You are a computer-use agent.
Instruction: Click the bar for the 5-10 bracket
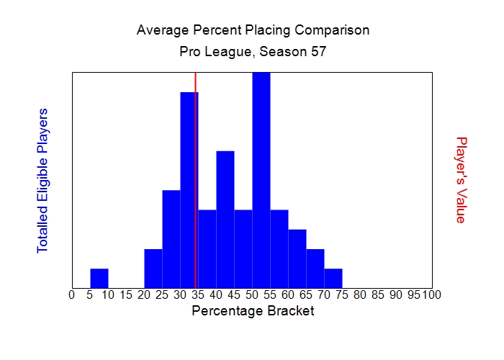point(99,278)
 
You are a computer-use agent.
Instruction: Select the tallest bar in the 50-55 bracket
point(261,180)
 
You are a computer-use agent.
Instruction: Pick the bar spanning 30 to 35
point(188,190)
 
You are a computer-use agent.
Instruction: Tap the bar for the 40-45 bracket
point(225,220)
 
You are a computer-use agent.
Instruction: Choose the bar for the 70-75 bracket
point(333,278)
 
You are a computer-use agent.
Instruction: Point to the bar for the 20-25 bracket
point(153,269)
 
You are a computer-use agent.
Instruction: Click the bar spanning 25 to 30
point(171,239)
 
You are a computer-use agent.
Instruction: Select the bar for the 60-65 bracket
point(297,258)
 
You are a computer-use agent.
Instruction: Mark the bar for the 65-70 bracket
point(315,269)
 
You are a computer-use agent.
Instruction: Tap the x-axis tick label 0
point(71,294)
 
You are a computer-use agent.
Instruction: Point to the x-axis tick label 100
point(432,294)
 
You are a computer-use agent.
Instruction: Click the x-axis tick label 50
point(252,294)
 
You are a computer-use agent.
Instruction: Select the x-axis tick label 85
point(378,294)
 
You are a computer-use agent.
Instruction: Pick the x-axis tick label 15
point(126,294)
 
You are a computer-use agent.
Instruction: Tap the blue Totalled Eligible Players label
point(42,180)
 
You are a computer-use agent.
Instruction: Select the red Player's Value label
point(461,180)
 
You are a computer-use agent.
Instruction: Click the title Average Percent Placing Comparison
point(253,30)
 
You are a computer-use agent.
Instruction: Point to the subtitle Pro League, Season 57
point(253,52)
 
